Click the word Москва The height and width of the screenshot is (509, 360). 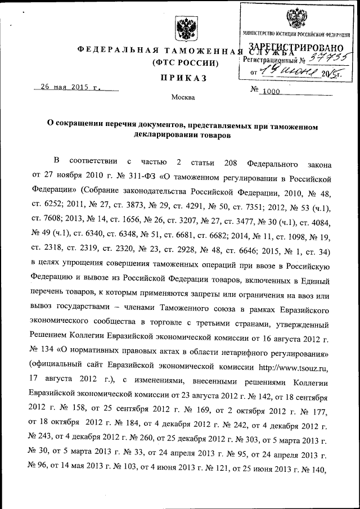tap(183, 97)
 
